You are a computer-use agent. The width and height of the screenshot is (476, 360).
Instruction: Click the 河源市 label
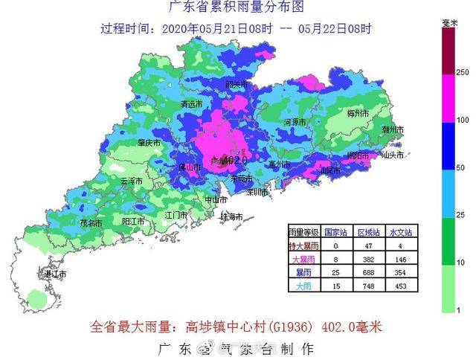pos(295,121)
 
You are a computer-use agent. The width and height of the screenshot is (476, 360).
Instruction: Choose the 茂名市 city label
pos(91,222)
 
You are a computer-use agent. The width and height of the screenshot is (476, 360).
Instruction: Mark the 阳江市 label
pos(133,222)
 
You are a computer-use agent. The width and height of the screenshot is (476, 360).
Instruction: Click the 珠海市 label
pos(231,216)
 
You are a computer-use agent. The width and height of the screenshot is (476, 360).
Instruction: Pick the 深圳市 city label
pos(256,192)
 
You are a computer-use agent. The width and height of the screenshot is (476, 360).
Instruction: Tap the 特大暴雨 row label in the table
pos(305,245)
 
